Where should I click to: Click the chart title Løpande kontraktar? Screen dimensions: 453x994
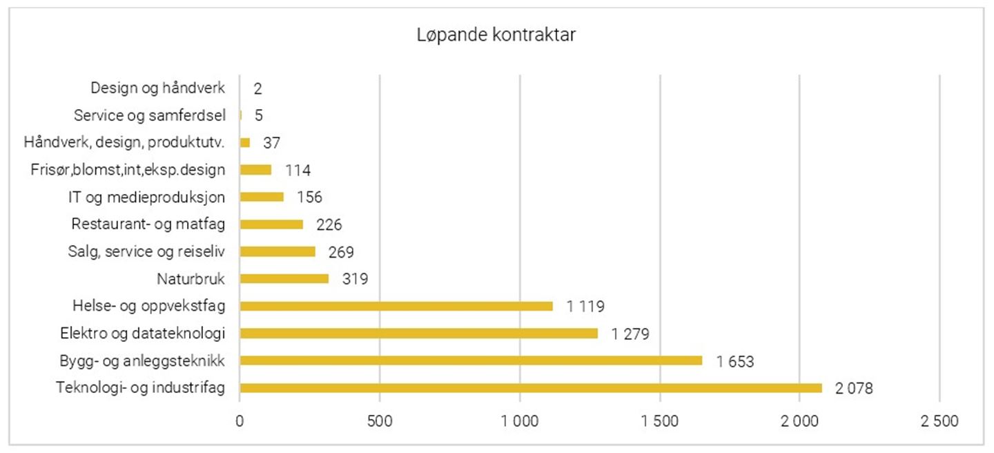point(496,36)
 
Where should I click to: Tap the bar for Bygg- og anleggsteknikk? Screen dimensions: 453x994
point(471,360)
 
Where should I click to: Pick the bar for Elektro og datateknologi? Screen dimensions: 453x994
point(418,334)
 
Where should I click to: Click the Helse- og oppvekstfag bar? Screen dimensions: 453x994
point(396,306)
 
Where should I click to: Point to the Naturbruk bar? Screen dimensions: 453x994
point(284,279)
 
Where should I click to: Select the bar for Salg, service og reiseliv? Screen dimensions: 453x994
point(277,251)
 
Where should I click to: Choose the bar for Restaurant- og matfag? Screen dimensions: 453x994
point(271,224)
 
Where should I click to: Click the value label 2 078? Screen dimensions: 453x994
point(854,389)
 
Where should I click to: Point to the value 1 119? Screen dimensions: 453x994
point(586,307)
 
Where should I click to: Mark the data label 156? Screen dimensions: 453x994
point(309,197)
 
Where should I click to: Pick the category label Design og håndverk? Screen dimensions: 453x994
point(158,88)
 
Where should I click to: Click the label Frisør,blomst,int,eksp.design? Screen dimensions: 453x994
point(128,170)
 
